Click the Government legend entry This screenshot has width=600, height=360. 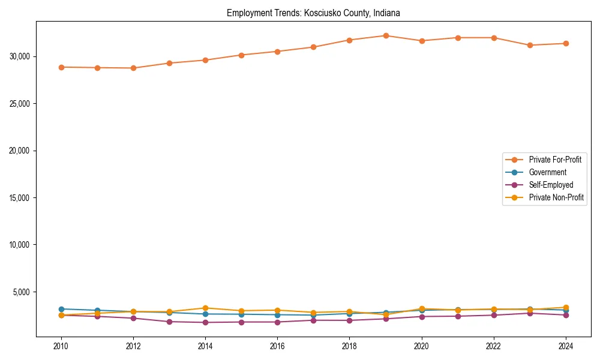(547, 172)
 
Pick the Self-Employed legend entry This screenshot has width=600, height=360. (551, 185)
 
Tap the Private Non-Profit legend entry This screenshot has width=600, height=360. (556, 197)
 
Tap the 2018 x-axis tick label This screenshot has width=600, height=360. (349, 346)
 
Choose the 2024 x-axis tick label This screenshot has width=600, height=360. (566, 346)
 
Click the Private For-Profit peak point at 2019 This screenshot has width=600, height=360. (386, 36)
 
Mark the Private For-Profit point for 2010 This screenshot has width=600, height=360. (61, 67)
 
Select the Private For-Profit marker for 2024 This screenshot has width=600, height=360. (566, 43)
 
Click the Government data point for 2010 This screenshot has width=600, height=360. (61, 309)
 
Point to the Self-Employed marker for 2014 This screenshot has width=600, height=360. (205, 322)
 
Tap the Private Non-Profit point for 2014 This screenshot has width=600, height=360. (205, 308)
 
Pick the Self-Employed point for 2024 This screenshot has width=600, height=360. (566, 315)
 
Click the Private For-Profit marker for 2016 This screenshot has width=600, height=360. (277, 52)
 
